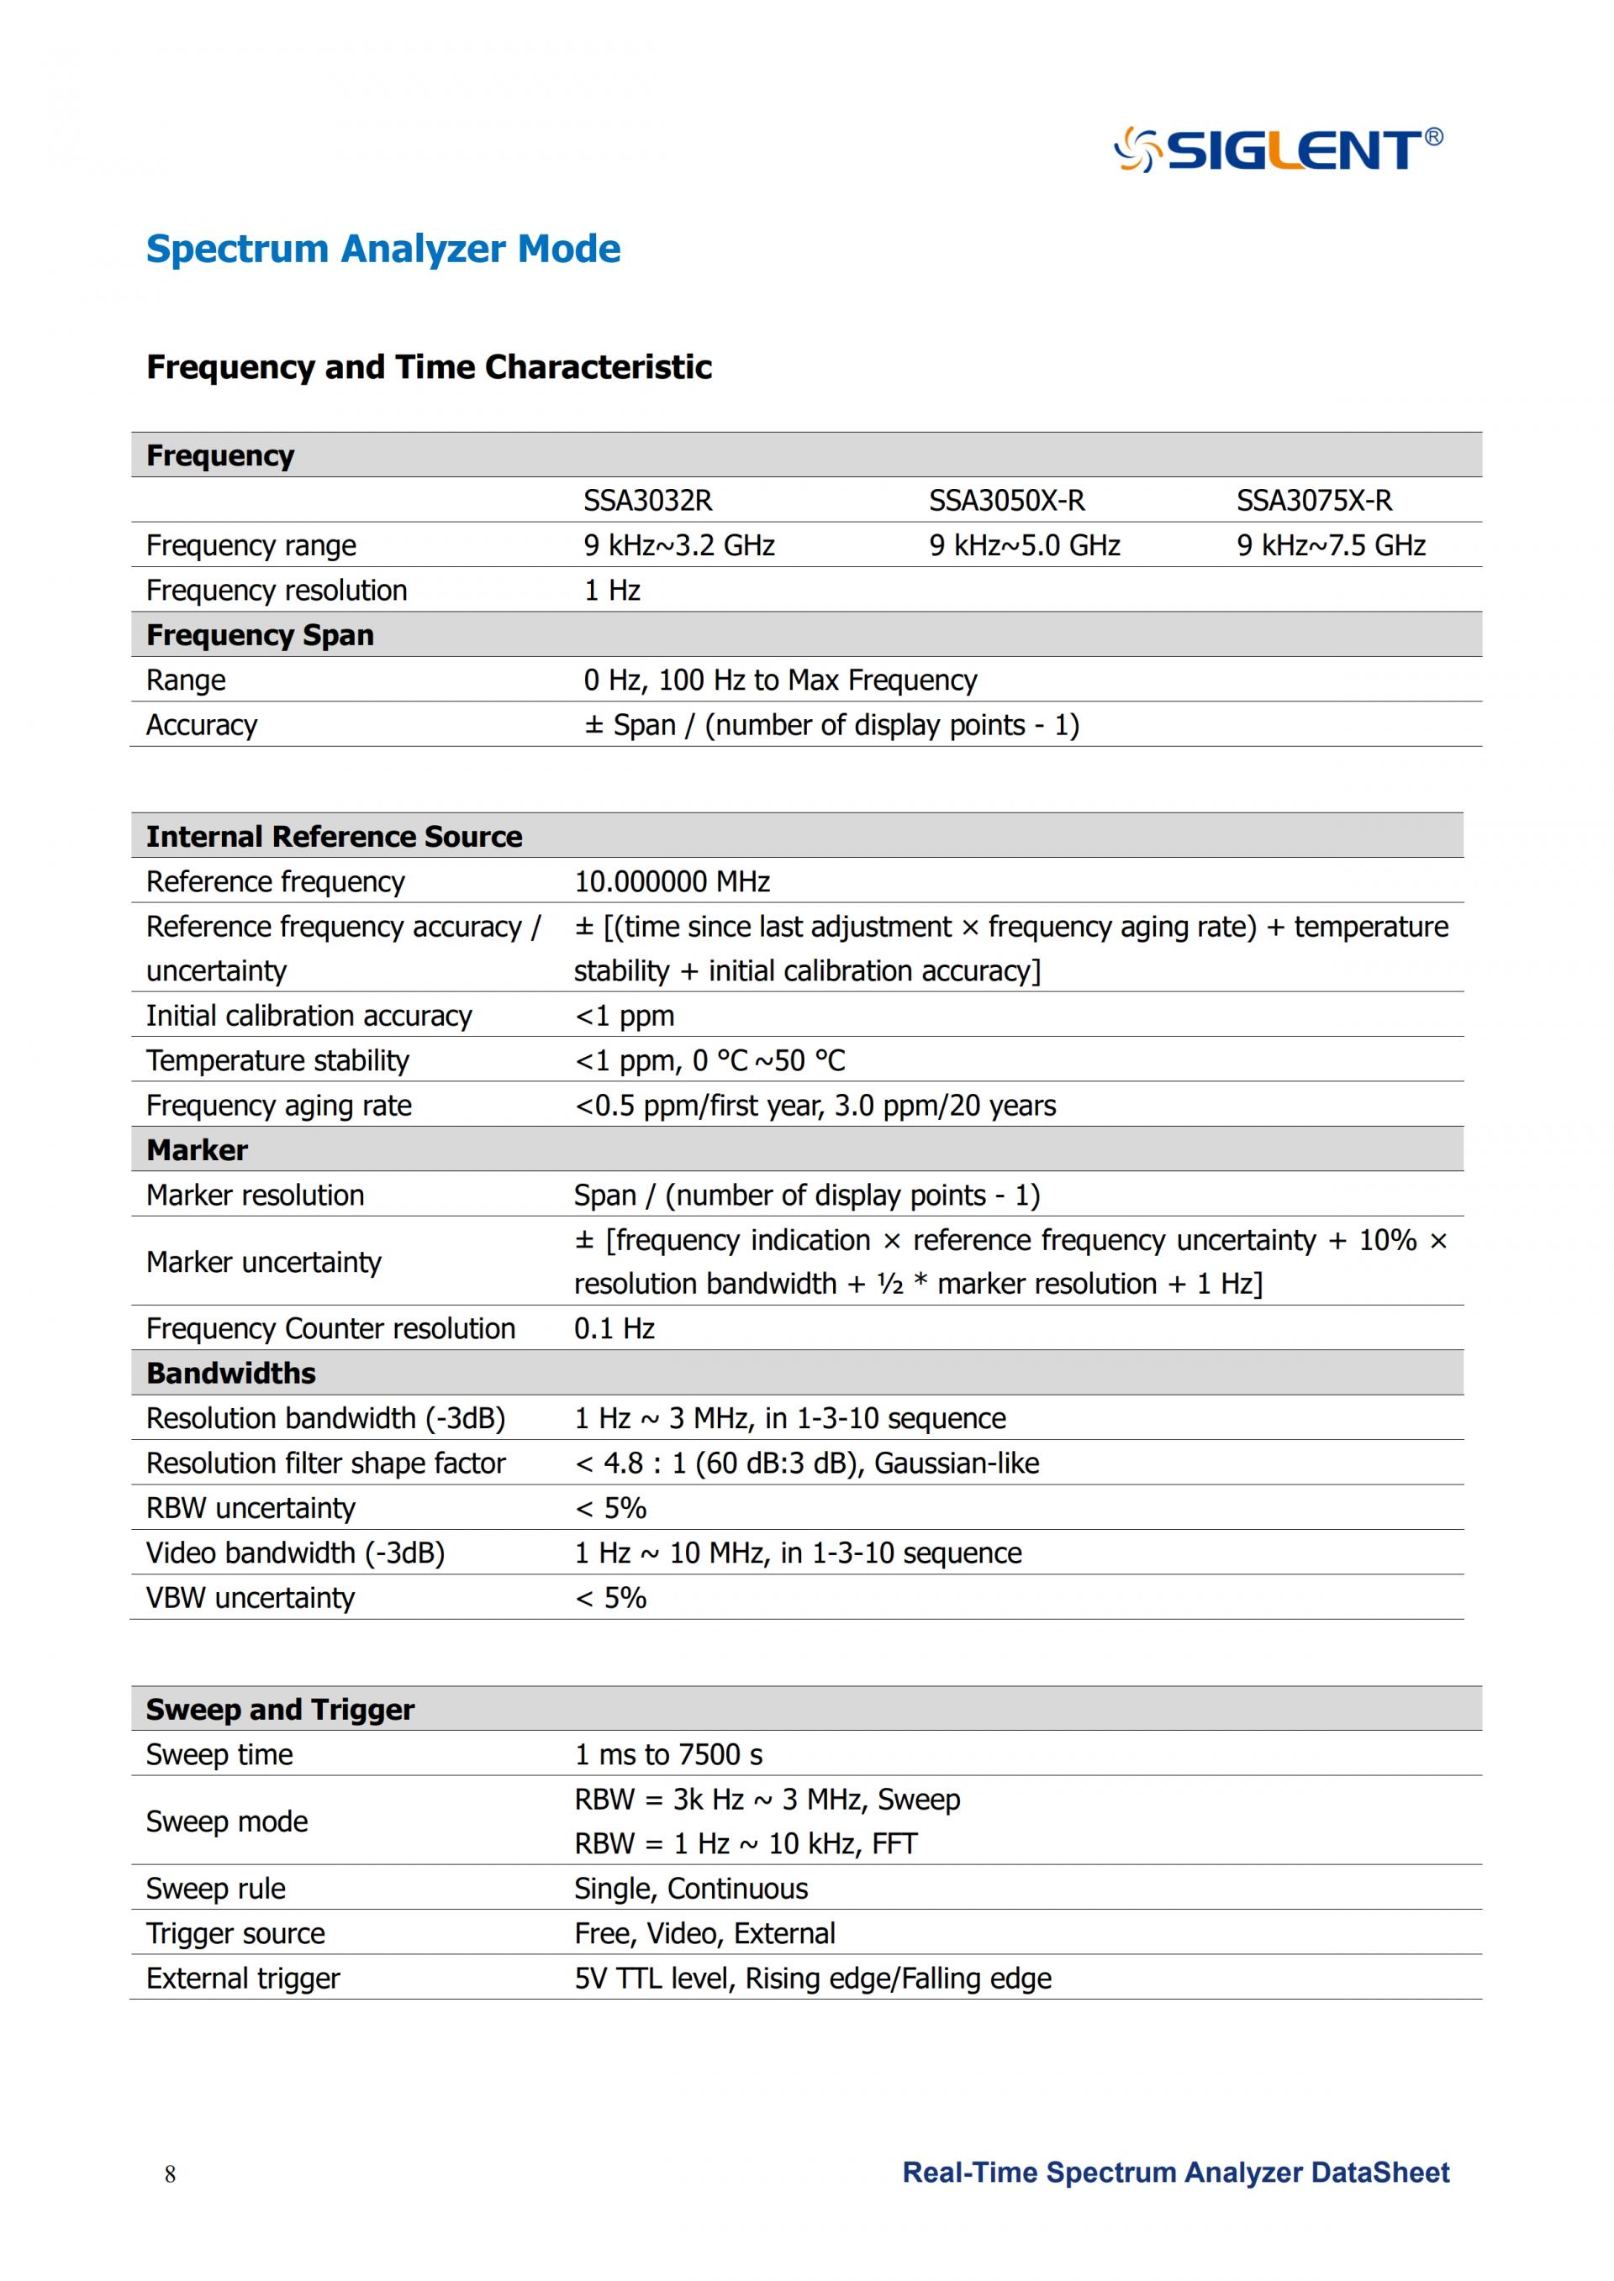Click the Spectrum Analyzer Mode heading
click(382, 249)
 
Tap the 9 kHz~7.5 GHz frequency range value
click(1330, 545)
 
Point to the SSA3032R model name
click(647, 501)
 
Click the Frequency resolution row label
click(277, 590)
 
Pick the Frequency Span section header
click(261, 635)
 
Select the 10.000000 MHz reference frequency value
click(672, 881)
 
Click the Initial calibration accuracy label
click(309, 1016)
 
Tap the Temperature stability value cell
click(709, 1060)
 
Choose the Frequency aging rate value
click(815, 1105)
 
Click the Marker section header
click(197, 1149)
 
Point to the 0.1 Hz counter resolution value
click(614, 1328)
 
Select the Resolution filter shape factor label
click(325, 1463)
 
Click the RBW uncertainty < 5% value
click(610, 1507)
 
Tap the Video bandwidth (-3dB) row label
click(295, 1552)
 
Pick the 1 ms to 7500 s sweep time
click(667, 1753)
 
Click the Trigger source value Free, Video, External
click(704, 1932)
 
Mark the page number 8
click(170, 2173)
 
